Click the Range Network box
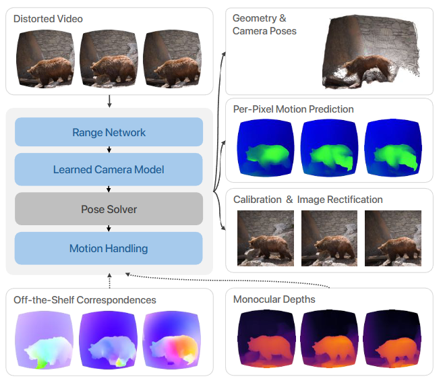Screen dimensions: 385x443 click(x=109, y=132)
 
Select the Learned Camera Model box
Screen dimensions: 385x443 click(x=109, y=169)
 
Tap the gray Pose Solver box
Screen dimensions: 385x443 click(x=109, y=209)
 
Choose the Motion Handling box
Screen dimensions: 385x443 click(x=109, y=248)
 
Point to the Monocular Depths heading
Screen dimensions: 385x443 click(x=274, y=299)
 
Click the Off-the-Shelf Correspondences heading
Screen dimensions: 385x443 click(x=85, y=299)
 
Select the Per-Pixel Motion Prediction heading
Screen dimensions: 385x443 click(x=293, y=109)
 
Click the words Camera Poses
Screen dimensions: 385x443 click(x=264, y=31)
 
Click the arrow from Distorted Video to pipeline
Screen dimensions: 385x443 click(x=109, y=101)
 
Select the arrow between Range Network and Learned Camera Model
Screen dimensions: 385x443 click(x=109, y=150)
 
